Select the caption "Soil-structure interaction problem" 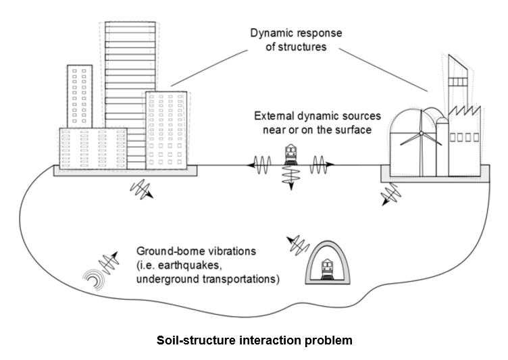coord(253,340)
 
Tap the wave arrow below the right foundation coord(390,196)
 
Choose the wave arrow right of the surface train coord(320,164)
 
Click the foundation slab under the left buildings coord(126,172)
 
